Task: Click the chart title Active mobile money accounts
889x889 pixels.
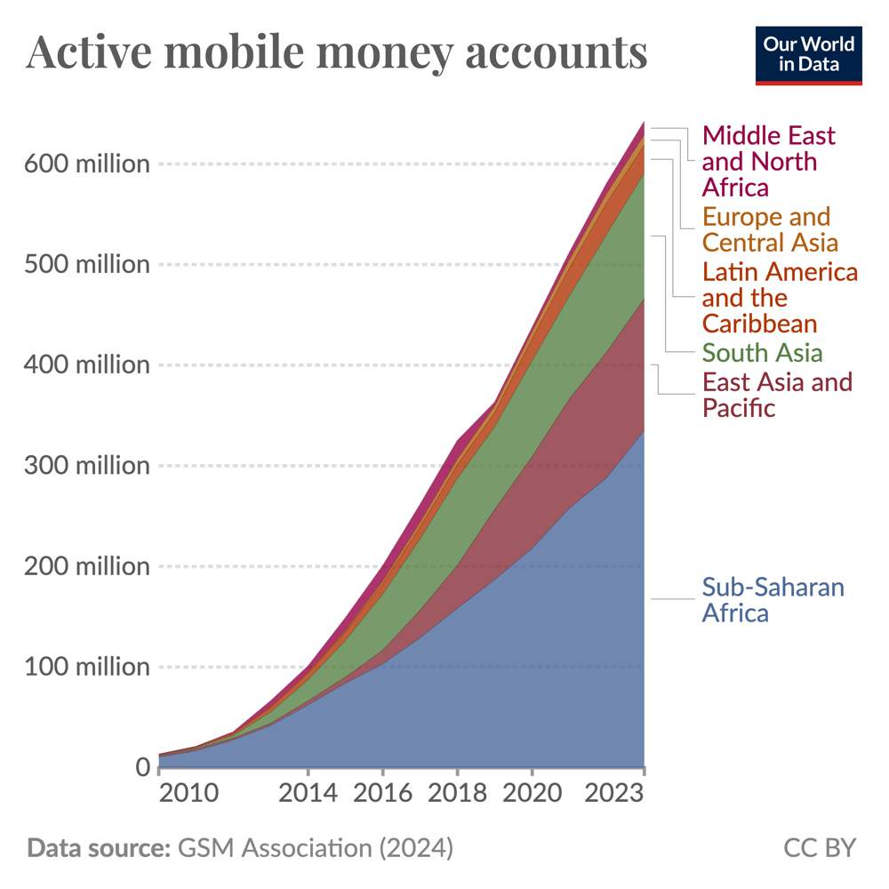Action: pyautogui.click(x=337, y=52)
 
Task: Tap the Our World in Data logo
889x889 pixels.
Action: pyautogui.click(x=808, y=55)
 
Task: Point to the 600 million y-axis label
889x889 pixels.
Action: pyautogui.click(x=86, y=164)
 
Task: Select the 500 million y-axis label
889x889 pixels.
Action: pyautogui.click(x=86, y=265)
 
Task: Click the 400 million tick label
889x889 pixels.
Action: pyautogui.click(x=86, y=365)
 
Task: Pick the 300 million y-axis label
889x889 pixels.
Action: pyautogui.click(x=86, y=466)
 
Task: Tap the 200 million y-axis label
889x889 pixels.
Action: pyautogui.click(x=86, y=566)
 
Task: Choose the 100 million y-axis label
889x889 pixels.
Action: pyautogui.click(x=86, y=667)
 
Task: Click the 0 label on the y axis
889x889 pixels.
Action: pyautogui.click(x=141, y=767)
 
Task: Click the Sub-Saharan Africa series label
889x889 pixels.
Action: pyautogui.click(x=773, y=600)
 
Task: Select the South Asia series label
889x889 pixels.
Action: pyautogui.click(x=762, y=352)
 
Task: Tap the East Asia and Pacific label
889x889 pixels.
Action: pyautogui.click(x=777, y=395)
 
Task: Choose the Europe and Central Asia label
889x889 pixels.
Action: pyautogui.click(x=769, y=229)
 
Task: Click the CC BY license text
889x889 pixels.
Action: pyautogui.click(x=819, y=847)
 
